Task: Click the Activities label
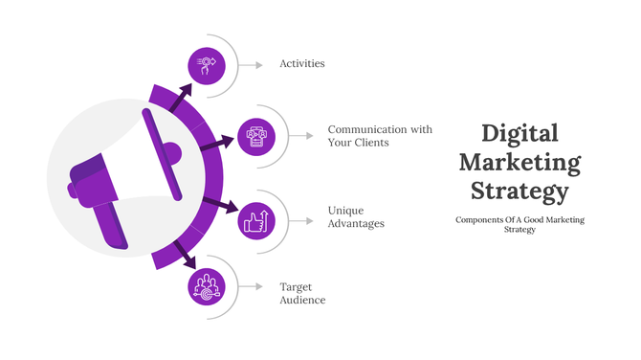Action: [301, 64]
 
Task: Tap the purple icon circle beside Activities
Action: [207, 65]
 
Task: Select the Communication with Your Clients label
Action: [380, 136]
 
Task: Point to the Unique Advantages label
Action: [355, 216]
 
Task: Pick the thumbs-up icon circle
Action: [255, 220]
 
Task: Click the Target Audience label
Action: [302, 293]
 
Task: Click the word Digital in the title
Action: [519, 133]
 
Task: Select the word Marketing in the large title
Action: [519, 162]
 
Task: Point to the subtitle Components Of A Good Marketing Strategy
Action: [519, 224]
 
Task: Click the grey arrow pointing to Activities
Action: [251, 65]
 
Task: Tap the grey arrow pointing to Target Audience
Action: [251, 286]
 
